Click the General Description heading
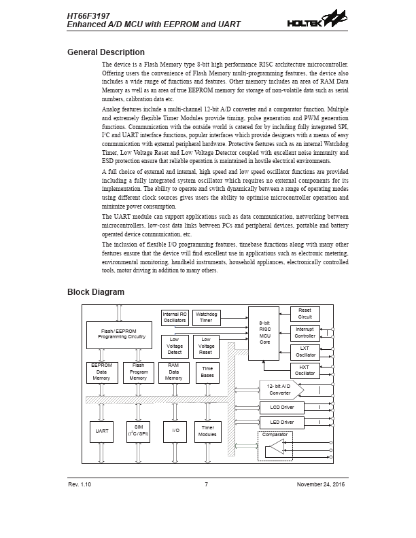pos(105,52)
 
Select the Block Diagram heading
pos(96,292)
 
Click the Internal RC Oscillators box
pos(175,317)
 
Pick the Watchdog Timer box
pos(207,317)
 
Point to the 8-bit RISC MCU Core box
pos(265,332)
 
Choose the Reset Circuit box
pos(305,314)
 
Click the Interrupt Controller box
pos(305,333)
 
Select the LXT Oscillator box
pos(305,352)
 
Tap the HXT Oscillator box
pos(305,370)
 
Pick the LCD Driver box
pos(281,408)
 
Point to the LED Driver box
pos(281,423)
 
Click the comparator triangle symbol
pos(275,448)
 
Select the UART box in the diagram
pos(102,431)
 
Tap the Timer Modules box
pos(207,431)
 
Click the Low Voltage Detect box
pos(175,346)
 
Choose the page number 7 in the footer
pos(207,484)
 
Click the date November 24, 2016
pos(322,484)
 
